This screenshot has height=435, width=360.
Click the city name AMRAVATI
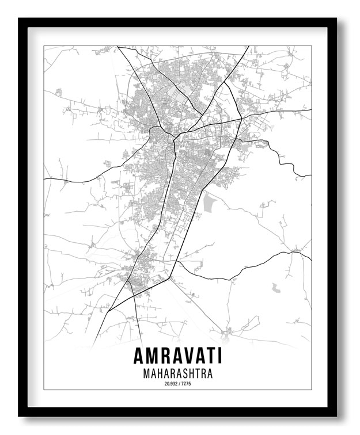(177, 356)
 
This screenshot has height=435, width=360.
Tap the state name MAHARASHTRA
(177, 373)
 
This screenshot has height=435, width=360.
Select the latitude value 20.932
(170, 383)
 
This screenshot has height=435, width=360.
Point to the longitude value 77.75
(185, 383)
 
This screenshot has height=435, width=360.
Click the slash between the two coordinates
(178, 383)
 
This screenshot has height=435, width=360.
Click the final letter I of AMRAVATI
(219, 356)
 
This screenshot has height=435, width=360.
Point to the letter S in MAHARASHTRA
(184, 373)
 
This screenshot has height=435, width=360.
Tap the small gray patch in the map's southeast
(276, 286)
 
